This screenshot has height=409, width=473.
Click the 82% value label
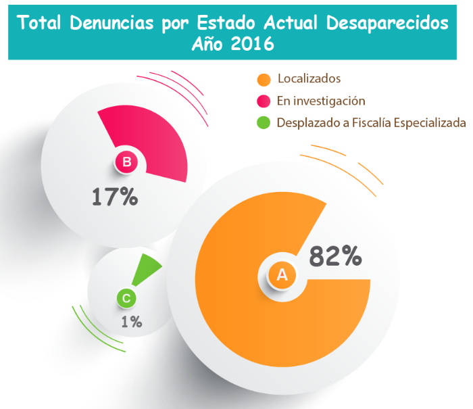click(x=335, y=256)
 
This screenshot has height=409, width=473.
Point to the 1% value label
click(x=131, y=322)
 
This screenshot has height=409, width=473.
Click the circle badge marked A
click(x=282, y=274)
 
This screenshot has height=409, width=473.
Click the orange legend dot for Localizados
click(x=264, y=80)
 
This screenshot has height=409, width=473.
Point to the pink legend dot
click(x=264, y=101)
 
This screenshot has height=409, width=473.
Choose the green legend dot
click(x=264, y=123)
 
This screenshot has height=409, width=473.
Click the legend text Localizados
click(x=309, y=80)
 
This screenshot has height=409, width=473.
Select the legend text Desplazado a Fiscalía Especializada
click(x=371, y=123)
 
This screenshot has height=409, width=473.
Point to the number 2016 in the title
click(x=252, y=45)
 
